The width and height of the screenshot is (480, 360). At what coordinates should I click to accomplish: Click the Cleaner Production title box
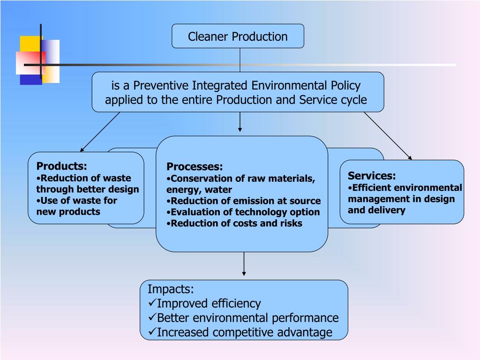(x=238, y=37)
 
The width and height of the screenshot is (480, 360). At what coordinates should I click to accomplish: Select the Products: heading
(x=62, y=166)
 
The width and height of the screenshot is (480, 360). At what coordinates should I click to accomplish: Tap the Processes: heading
(x=195, y=166)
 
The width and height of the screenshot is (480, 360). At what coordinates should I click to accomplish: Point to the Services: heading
(x=372, y=176)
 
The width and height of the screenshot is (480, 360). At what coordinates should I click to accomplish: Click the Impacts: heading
(x=171, y=289)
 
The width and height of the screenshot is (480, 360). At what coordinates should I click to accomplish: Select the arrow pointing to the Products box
(x=100, y=132)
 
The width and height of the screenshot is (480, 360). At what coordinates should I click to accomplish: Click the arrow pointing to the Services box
(x=388, y=136)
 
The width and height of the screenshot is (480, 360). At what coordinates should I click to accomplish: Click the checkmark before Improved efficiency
(x=152, y=303)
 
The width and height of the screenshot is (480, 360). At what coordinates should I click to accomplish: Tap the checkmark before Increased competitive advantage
(x=152, y=332)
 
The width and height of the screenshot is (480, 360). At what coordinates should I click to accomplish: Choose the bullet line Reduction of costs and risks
(x=234, y=223)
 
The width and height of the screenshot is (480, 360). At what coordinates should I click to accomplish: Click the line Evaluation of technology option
(x=243, y=212)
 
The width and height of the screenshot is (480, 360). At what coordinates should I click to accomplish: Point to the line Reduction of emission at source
(x=244, y=201)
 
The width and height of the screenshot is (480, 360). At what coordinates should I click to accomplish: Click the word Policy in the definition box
(x=345, y=85)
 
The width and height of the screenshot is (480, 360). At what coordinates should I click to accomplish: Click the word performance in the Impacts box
(x=307, y=318)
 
